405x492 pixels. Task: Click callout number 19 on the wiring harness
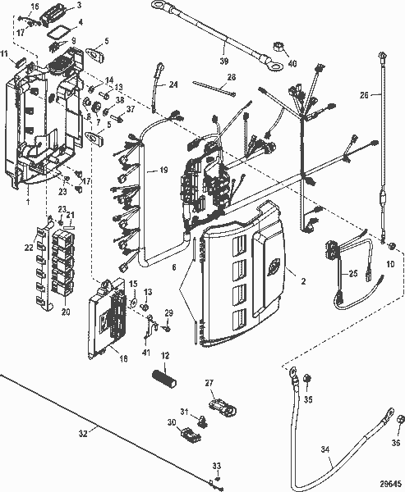(x=163, y=171)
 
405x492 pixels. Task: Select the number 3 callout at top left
(x=79, y=5)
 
